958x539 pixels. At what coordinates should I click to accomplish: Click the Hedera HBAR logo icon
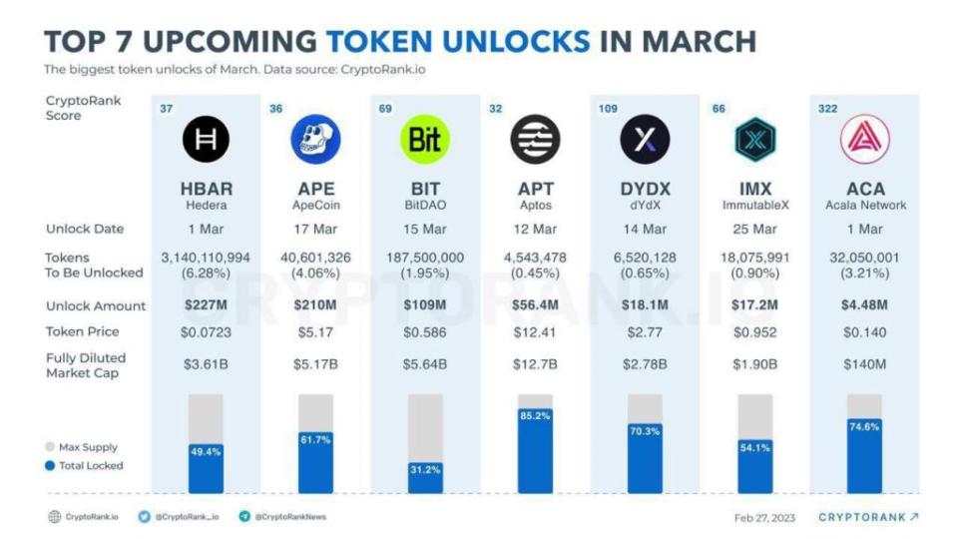click(x=206, y=141)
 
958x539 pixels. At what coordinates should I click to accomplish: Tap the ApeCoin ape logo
click(x=315, y=141)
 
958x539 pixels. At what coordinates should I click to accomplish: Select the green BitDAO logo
click(x=425, y=141)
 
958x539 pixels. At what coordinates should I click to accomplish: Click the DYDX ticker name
click(x=645, y=189)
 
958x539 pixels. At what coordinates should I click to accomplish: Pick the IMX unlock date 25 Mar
click(x=754, y=229)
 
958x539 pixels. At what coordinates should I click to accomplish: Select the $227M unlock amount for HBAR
click(x=206, y=305)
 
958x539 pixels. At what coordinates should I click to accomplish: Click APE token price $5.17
click(x=315, y=331)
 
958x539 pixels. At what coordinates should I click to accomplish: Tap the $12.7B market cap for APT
click(x=535, y=363)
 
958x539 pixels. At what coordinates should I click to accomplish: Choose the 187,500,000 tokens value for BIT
click(x=425, y=258)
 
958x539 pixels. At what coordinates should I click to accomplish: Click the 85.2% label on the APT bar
click(x=535, y=416)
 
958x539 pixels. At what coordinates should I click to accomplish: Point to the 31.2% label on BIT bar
click(x=425, y=469)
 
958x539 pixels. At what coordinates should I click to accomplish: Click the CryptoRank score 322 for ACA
click(x=827, y=108)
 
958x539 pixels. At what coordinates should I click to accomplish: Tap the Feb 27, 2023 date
click(x=765, y=517)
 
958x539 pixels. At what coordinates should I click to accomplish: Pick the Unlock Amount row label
click(x=96, y=305)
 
